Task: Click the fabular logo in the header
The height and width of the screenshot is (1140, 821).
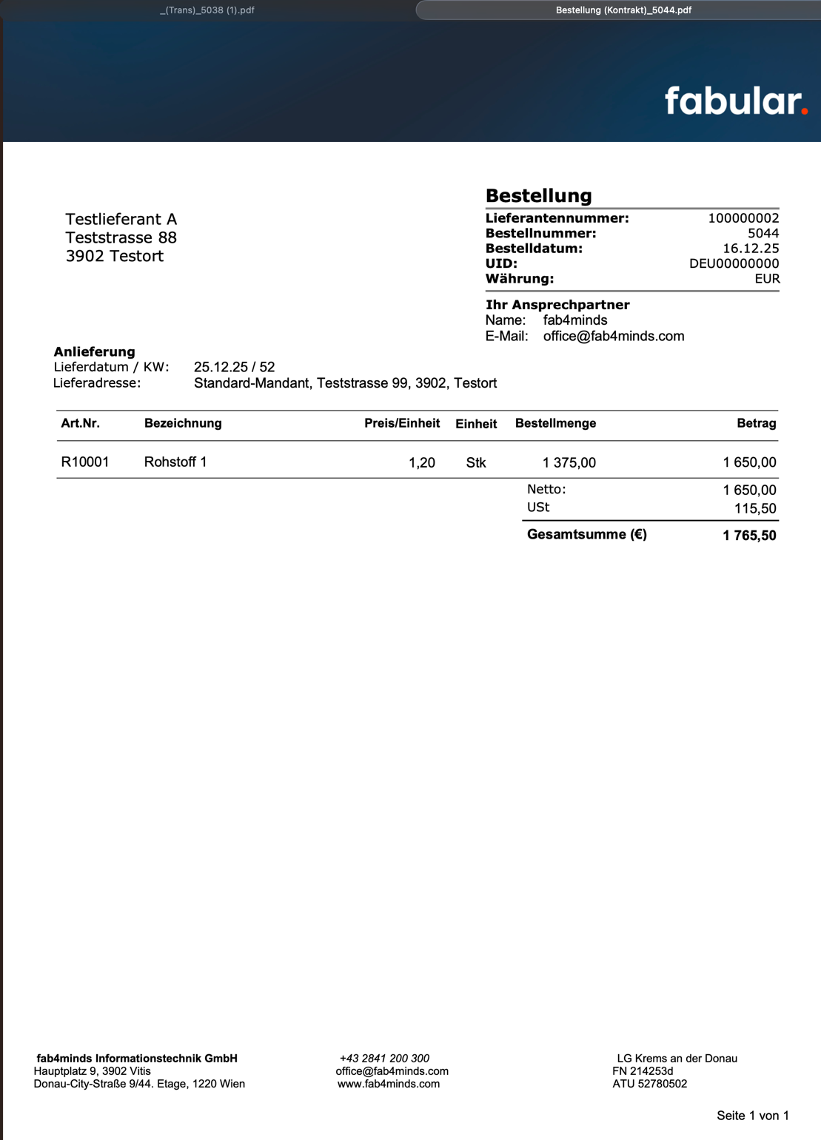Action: click(735, 101)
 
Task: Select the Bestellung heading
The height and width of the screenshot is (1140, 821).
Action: click(538, 196)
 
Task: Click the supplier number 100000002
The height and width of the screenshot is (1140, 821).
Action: click(743, 218)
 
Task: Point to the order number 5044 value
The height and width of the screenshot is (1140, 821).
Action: click(763, 234)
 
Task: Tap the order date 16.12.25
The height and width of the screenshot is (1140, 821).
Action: click(751, 249)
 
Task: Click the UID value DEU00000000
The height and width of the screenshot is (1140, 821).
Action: click(734, 264)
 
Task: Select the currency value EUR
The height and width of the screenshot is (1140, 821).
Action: click(767, 279)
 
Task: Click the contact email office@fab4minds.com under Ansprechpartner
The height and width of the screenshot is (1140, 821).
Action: click(613, 337)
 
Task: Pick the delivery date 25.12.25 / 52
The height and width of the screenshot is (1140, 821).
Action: click(234, 367)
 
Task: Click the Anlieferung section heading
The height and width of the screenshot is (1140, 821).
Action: click(94, 352)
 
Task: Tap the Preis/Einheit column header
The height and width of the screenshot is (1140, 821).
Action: click(401, 423)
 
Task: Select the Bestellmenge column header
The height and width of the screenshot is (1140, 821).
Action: click(555, 423)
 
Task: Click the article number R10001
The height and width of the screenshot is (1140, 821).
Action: click(85, 462)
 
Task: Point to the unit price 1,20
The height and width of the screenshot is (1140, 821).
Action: click(421, 463)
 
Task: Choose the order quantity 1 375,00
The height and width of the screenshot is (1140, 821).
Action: click(569, 463)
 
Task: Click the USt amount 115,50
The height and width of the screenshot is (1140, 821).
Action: click(755, 509)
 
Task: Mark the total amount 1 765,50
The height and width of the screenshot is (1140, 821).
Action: click(749, 536)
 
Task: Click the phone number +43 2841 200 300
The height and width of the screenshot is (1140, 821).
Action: click(384, 1059)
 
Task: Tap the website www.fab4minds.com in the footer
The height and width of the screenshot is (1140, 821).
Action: click(389, 1084)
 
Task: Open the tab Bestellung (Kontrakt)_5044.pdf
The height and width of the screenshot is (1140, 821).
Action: click(623, 10)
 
